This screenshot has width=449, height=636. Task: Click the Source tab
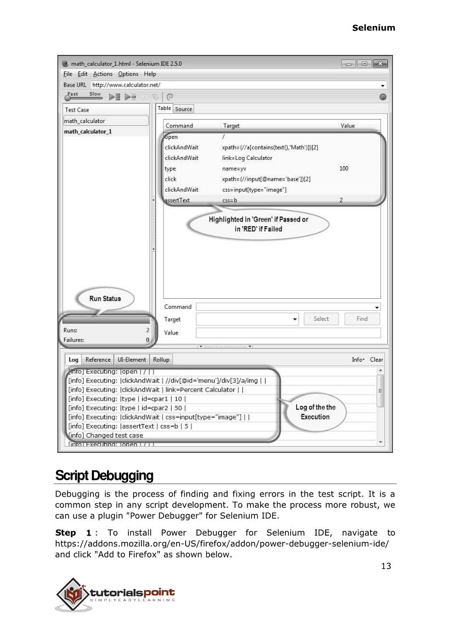coord(183,109)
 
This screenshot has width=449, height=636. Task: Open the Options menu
coord(128,74)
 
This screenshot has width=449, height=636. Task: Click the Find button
coord(362,319)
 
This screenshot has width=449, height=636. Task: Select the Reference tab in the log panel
coord(97,359)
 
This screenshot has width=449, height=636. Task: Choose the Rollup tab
coord(161,359)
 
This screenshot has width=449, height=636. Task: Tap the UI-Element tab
coord(132,359)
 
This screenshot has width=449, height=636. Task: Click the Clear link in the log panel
coord(377,359)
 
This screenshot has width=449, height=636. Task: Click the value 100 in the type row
coord(344,168)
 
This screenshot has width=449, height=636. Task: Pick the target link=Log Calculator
coord(247,158)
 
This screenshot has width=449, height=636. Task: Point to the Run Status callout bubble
coord(105,298)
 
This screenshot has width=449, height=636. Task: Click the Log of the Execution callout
coord(315,412)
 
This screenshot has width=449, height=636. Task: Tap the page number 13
coord(386,566)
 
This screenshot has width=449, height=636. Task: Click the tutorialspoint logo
coord(116,593)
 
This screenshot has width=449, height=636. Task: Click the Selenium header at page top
coord(373,27)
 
